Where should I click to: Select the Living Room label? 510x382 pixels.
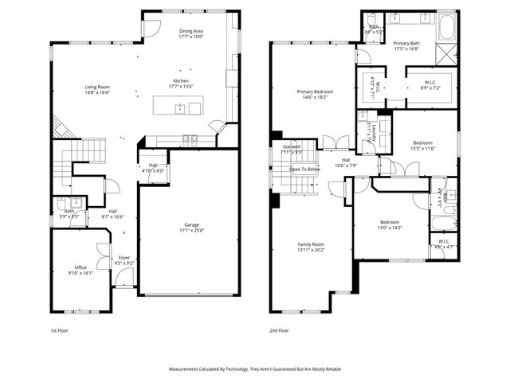click(x=98, y=87)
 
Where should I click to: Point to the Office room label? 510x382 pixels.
click(x=80, y=267)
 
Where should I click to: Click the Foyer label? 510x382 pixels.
click(x=124, y=258)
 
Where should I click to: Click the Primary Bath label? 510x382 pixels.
click(x=407, y=44)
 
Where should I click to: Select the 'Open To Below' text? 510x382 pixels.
click(x=304, y=170)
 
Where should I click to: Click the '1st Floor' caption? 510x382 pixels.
click(x=60, y=329)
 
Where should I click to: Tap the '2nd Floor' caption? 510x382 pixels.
click(x=280, y=329)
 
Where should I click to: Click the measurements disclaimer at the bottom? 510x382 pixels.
click(x=254, y=369)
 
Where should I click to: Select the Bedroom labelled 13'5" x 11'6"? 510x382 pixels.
click(x=422, y=143)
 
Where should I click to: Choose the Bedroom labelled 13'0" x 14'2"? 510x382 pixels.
click(x=390, y=222)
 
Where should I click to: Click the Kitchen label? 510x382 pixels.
click(x=181, y=80)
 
